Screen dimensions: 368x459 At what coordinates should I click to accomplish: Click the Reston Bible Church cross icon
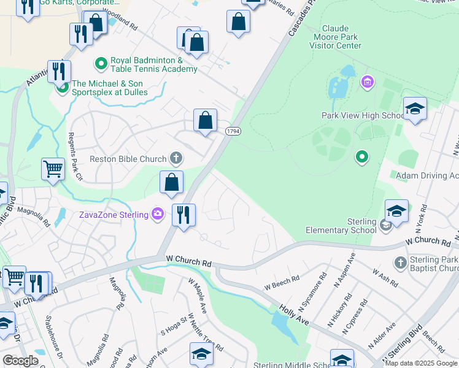click(x=176, y=159)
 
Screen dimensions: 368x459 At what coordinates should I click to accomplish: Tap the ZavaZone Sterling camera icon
click(x=158, y=214)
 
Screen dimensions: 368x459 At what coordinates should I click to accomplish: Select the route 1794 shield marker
click(x=233, y=131)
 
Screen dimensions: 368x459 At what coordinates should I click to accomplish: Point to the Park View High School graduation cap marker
click(x=415, y=109)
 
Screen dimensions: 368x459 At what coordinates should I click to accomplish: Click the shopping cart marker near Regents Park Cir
click(x=53, y=169)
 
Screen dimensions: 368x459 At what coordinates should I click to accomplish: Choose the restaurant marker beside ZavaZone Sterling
click(x=183, y=215)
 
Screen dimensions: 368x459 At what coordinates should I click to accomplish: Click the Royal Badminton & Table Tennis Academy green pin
click(x=100, y=64)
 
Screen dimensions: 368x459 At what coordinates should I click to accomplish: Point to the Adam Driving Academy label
click(x=427, y=176)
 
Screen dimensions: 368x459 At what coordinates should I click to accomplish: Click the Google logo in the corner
click(x=20, y=360)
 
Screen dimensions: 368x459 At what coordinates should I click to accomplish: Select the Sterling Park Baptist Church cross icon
click(x=400, y=263)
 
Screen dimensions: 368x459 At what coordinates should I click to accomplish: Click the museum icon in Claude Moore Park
click(x=367, y=82)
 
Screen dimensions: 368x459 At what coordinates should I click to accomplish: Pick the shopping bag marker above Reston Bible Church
click(x=205, y=120)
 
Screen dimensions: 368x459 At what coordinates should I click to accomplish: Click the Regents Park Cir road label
click(x=75, y=157)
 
